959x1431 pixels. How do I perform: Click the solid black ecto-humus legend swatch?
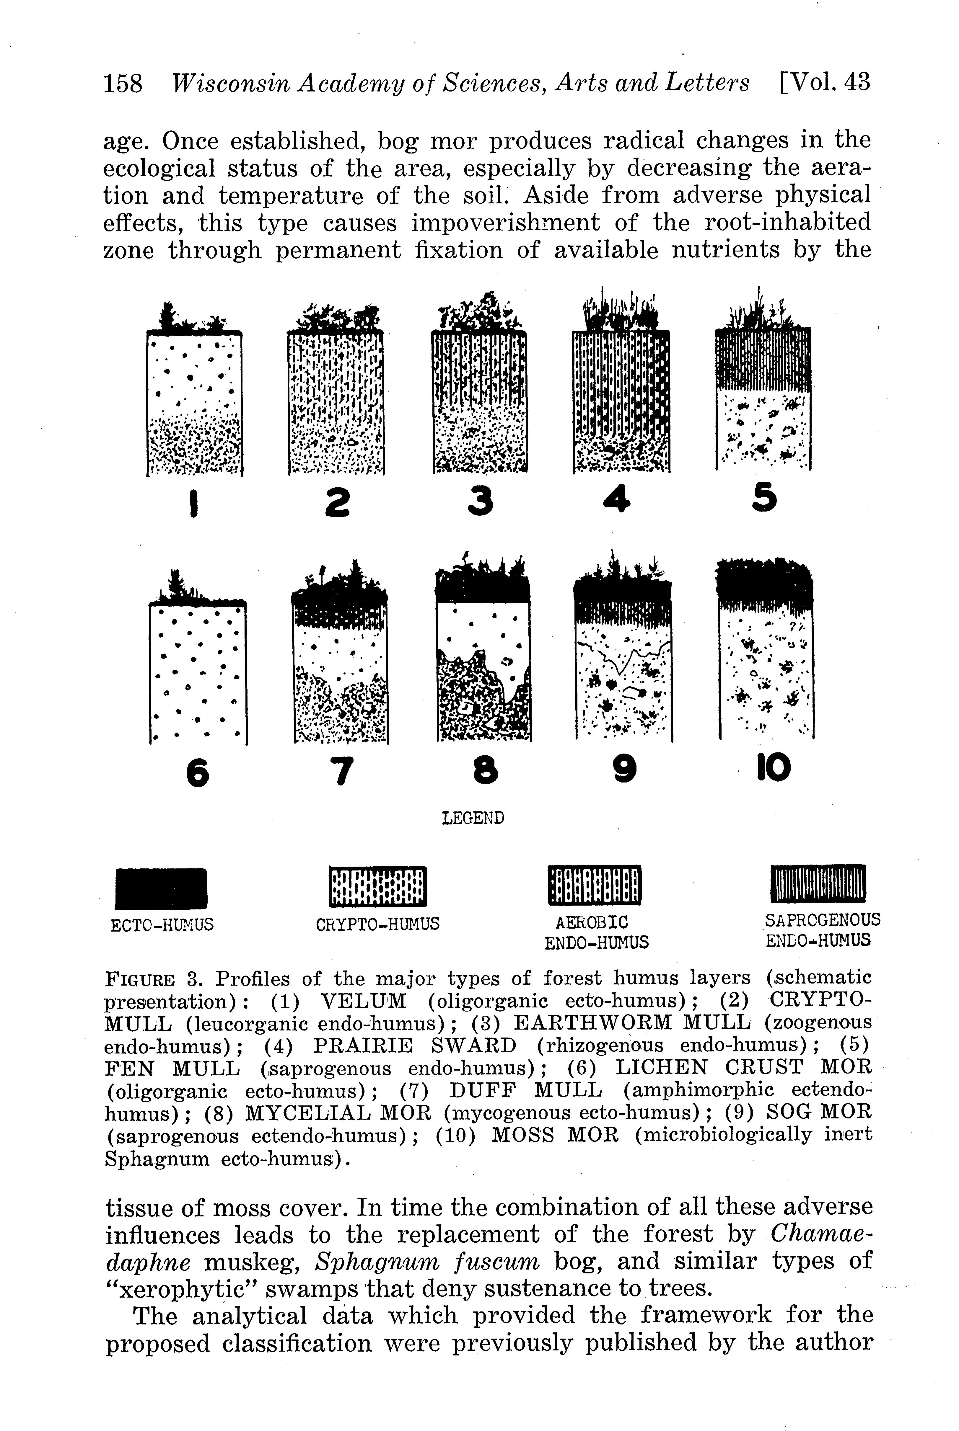click(x=162, y=888)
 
